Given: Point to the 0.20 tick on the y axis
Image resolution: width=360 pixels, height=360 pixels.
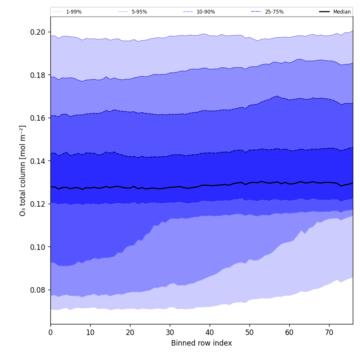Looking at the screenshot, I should pyautogui.click(x=38, y=32).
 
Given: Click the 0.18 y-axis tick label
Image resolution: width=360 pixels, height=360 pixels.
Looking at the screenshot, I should pyautogui.click(x=38, y=75).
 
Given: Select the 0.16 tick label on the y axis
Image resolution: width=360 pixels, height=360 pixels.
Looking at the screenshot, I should pyautogui.click(x=38, y=118).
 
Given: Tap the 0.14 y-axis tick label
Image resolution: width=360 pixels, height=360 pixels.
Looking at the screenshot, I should pyautogui.click(x=38, y=161).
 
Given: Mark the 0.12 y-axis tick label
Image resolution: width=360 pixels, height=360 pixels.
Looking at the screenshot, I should pyautogui.click(x=38, y=204).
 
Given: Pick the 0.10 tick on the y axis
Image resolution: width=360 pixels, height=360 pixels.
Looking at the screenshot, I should pyautogui.click(x=38, y=247).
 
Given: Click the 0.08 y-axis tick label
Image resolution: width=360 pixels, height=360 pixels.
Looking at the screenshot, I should pyautogui.click(x=38, y=290).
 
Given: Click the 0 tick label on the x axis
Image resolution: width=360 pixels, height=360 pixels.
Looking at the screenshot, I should pyautogui.click(x=50, y=333).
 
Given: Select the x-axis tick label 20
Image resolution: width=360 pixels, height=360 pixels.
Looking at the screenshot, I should pyautogui.click(x=130, y=333).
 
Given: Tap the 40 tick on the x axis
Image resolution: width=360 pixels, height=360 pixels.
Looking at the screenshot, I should pyautogui.click(x=210, y=333).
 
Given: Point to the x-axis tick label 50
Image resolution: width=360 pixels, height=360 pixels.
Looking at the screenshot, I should pyautogui.click(x=249, y=333).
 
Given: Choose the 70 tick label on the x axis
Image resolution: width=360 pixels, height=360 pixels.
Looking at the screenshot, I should pyautogui.click(x=329, y=333).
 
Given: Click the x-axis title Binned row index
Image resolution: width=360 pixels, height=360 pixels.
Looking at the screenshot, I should pyautogui.click(x=202, y=343).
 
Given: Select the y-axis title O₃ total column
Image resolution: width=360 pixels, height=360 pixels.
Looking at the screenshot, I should pyautogui.click(x=23, y=170).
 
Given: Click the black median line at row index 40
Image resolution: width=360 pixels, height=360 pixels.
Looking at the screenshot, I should pyautogui.click(x=210, y=186).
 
